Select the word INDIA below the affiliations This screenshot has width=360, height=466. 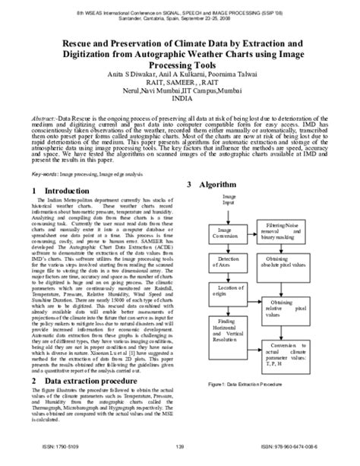point(179,99)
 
